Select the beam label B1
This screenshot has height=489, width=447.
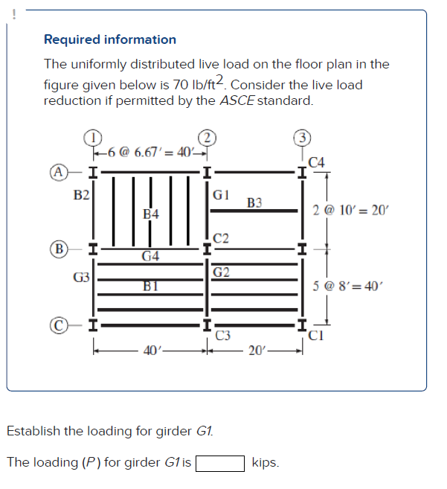151,285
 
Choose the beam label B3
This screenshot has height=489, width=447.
254,202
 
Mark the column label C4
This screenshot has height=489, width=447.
315,162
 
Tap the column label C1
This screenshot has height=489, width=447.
316,334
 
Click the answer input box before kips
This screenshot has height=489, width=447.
220,463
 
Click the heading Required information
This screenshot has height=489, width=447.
110,39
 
